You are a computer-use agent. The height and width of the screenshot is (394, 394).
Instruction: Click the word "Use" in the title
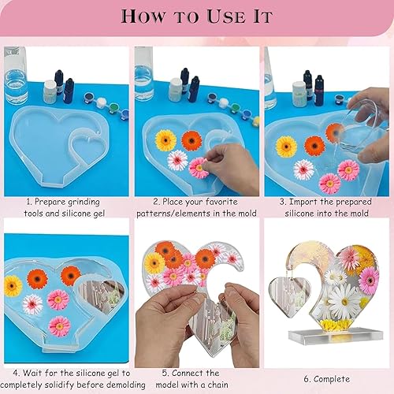click(x=226, y=17)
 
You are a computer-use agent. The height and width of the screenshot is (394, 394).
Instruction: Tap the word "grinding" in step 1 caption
click(x=84, y=203)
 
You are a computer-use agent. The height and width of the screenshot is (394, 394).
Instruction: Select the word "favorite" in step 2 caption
click(x=221, y=202)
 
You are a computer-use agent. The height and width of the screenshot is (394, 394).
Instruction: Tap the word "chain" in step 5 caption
click(x=217, y=385)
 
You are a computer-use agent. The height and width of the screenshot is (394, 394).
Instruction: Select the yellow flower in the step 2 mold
click(x=165, y=140)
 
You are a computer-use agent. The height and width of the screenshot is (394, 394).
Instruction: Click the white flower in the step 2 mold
click(x=177, y=160)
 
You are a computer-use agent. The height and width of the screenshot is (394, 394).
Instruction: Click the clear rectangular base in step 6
click(x=336, y=337)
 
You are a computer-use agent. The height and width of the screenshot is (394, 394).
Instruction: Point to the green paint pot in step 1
click(x=114, y=108)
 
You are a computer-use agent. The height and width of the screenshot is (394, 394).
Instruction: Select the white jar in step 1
click(x=50, y=91)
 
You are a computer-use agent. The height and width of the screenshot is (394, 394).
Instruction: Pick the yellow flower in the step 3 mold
click(x=286, y=147)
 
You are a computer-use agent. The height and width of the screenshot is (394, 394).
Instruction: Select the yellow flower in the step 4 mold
click(x=13, y=286)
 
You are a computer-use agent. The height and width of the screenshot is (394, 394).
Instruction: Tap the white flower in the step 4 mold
click(x=32, y=304)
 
